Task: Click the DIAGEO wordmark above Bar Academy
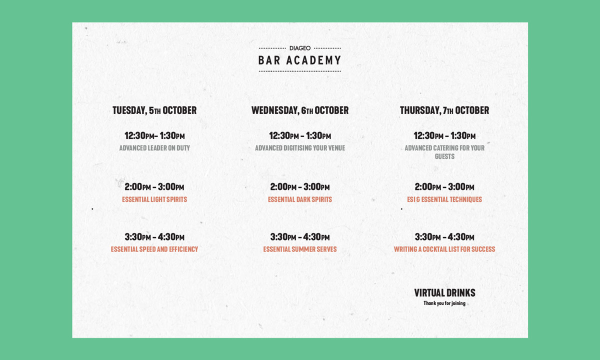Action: tap(299, 48)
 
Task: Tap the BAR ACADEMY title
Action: tap(299, 60)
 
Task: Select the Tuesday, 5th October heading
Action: tap(154, 110)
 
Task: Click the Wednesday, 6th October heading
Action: tap(300, 110)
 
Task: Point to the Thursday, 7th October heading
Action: tap(444, 110)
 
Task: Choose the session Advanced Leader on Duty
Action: tap(154, 148)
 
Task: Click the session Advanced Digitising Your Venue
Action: tap(300, 148)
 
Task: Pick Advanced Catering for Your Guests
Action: tap(444, 152)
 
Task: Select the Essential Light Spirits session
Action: tap(154, 199)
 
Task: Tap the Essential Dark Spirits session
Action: tap(300, 199)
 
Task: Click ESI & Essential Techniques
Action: tap(444, 199)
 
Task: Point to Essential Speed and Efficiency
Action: tap(154, 249)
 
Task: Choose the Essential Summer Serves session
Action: tap(300, 249)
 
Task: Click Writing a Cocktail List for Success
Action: tap(444, 249)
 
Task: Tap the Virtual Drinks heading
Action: tap(444, 293)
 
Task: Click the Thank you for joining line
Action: tap(444, 303)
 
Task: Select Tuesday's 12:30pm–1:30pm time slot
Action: tap(154, 136)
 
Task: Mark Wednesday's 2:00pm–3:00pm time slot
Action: tap(300, 186)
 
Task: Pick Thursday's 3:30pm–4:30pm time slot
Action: tap(444, 237)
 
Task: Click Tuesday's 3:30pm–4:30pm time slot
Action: tap(154, 237)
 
